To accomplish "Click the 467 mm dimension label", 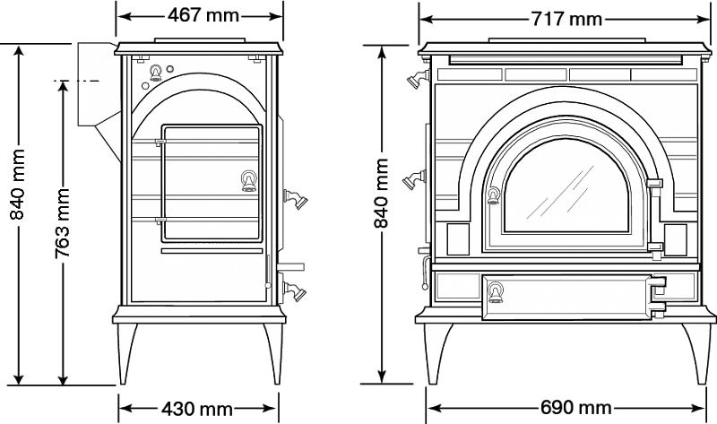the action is point(203,15).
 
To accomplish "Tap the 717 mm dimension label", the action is point(566,19).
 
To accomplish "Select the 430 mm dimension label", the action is point(197,409).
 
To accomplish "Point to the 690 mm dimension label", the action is point(575,407).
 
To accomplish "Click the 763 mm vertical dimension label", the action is point(62,223).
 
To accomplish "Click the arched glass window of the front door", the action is point(566,186).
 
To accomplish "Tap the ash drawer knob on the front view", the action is point(496,292).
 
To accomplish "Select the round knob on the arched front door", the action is point(494,195).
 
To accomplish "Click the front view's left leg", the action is point(437,353).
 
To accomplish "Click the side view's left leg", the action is point(126,353).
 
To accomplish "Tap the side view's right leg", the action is point(273,353).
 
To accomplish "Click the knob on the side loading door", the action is point(249,181).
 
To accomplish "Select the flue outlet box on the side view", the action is point(96,84).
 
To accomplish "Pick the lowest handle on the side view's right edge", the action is point(294,291).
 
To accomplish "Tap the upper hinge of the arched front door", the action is point(655,184).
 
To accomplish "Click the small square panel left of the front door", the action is point(458,239).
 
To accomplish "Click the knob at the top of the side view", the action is point(156,73).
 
